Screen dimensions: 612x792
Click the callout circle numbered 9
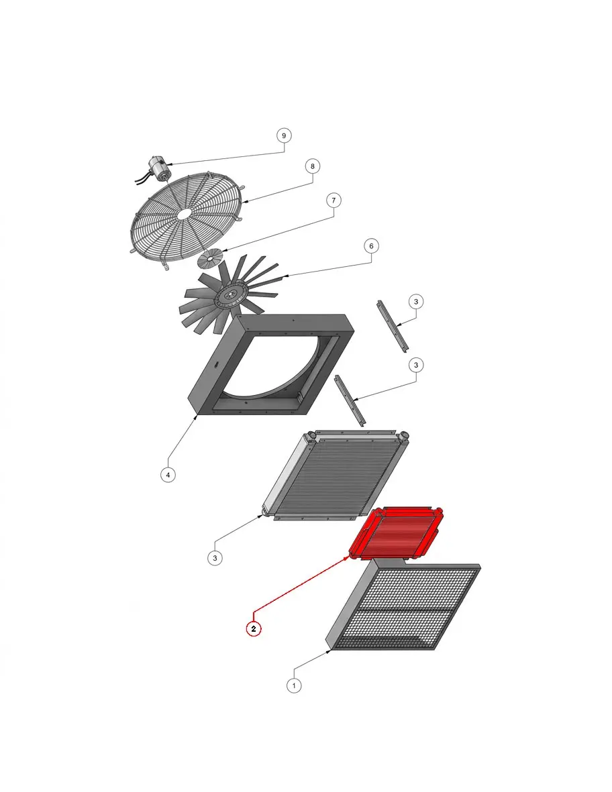point(283,135)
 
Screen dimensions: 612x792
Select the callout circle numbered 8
point(312,166)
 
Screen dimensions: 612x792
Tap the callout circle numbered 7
point(334,200)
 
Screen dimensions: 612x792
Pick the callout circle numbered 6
point(372,246)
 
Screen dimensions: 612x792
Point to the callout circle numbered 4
point(168,475)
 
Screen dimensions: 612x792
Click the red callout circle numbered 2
point(254,629)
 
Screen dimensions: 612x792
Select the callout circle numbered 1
point(294,685)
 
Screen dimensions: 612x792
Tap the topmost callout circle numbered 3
point(416,302)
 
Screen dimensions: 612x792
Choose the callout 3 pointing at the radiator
point(215,558)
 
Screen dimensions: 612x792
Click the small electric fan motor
point(156,170)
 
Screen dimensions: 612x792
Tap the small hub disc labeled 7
point(210,259)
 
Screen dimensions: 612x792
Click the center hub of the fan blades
point(230,294)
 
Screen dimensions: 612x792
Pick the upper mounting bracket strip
point(393,326)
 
